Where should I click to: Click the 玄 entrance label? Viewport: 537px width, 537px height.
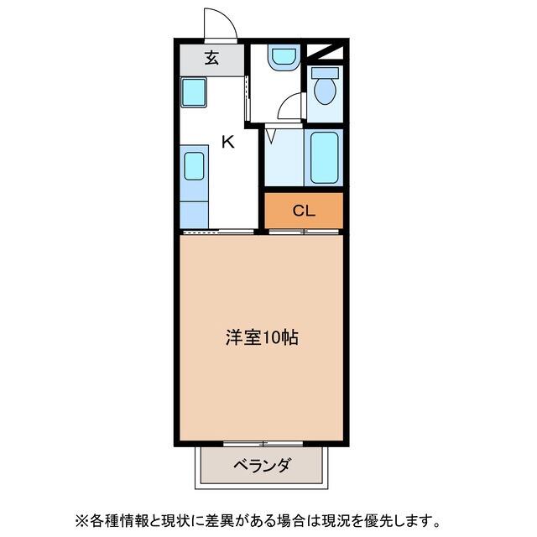click(212, 58)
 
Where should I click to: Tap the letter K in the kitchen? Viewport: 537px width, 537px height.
click(227, 142)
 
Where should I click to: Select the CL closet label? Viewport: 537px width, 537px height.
click(304, 211)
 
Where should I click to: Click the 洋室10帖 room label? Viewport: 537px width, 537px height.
click(262, 337)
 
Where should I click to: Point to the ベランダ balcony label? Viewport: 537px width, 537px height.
click(263, 465)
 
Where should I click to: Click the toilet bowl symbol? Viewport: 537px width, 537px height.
click(325, 91)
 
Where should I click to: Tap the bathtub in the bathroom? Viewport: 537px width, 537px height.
click(324, 158)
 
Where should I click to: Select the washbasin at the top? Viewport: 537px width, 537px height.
click(284, 57)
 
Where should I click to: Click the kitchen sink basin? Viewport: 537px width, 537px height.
click(194, 166)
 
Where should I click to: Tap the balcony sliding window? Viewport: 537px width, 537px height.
click(263, 444)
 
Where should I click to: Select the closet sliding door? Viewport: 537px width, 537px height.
click(304, 232)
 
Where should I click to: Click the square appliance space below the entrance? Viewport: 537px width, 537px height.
click(194, 92)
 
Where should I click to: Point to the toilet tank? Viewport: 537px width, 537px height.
click(325, 72)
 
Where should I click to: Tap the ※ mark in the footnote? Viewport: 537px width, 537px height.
click(81, 521)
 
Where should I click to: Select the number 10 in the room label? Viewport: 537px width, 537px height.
click(271, 337)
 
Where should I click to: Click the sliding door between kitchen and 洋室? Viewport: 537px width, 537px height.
click(218, 232)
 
